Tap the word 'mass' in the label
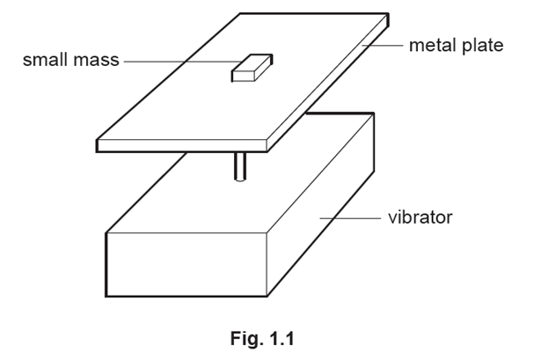click(x=96, y=60)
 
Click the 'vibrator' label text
click(x=420, y=217)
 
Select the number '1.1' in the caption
click(x=281, y=338)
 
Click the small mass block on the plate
click(x=252, y=68)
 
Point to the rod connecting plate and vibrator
click(x=240, y=166)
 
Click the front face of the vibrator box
click(x=186, y=264)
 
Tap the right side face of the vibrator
click(x=321, y=204)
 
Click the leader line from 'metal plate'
click(x=383, y=45)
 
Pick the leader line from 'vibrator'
click(x=350, y=218)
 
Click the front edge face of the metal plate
click(x=182, y=145)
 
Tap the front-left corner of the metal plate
click(x=97, y=140)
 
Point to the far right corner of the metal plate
click(x=389, y=14)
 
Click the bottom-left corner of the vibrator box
click(x=106, y=296)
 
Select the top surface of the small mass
click(x=252, y=63)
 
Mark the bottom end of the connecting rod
click(x=240, y=180)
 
